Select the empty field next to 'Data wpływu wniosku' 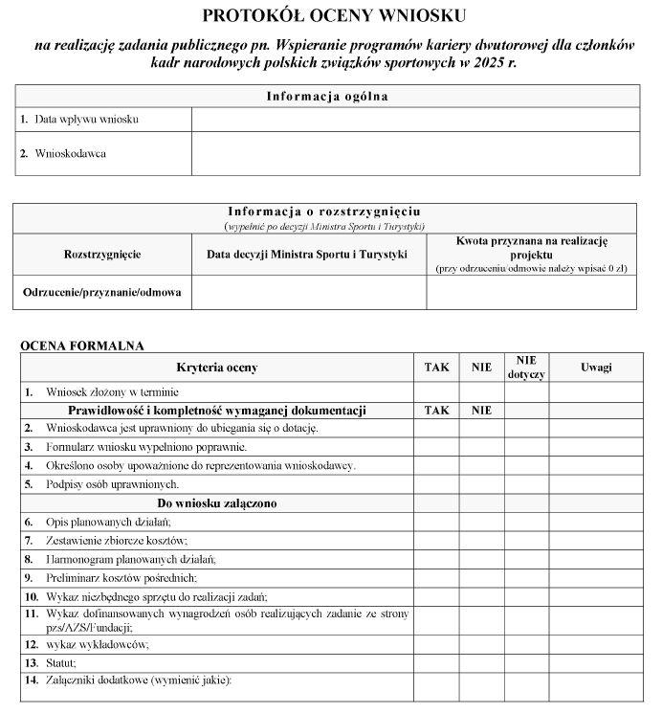click(x=415, y=120)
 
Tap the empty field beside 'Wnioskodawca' click(x=415, y=153)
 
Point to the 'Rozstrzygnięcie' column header click(x=102, y=255)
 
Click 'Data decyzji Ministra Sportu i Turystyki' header click(x=307, y=255)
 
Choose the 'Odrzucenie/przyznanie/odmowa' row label click(x=102, y=292)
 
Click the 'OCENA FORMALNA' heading click(x=81, y=345)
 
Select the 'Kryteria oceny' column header click(x=217, y=368)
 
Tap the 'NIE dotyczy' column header click(x=526, y=368)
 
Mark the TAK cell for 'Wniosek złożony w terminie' click(x=436, y=391)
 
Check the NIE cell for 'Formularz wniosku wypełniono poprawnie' click(x=481, y=447)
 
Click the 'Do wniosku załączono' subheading click(x=217, y=503)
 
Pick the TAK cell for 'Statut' click(x=436, y=662)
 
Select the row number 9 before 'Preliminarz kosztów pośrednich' click(x=29, y=578)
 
